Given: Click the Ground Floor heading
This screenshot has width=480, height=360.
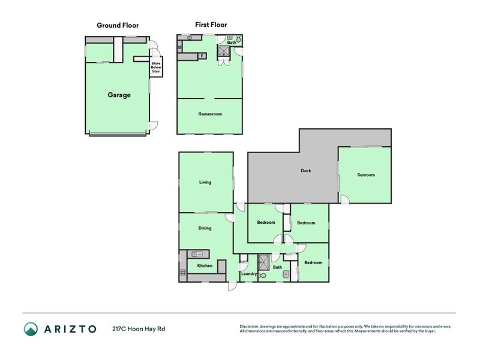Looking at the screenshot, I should pos(118,26).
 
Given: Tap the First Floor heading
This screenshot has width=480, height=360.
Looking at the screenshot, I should pos(211,25).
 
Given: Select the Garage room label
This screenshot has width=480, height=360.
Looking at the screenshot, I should pos(119,95).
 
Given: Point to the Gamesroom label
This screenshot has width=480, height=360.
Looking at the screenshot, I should pos(210,113).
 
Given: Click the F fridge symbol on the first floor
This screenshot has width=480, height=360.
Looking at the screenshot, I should pos(202,56).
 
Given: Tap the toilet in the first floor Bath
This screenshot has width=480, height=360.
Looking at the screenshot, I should pos(238,39).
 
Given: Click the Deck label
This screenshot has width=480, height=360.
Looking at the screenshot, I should pos(306,170).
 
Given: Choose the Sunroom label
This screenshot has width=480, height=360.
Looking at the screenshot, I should pos(366,175).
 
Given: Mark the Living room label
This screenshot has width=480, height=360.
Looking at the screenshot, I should pos(205,182).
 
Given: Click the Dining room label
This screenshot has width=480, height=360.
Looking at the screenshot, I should pos(205,228).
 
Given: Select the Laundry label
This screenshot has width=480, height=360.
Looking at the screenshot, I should pos(248,274).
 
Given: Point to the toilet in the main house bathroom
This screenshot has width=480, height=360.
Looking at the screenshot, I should pos(263,275).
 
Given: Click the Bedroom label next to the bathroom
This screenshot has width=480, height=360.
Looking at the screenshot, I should pos(313,263).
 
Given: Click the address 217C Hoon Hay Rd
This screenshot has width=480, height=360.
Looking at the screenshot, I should pos(138,329).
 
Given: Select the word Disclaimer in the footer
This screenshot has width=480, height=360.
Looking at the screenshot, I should pos(251,326).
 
